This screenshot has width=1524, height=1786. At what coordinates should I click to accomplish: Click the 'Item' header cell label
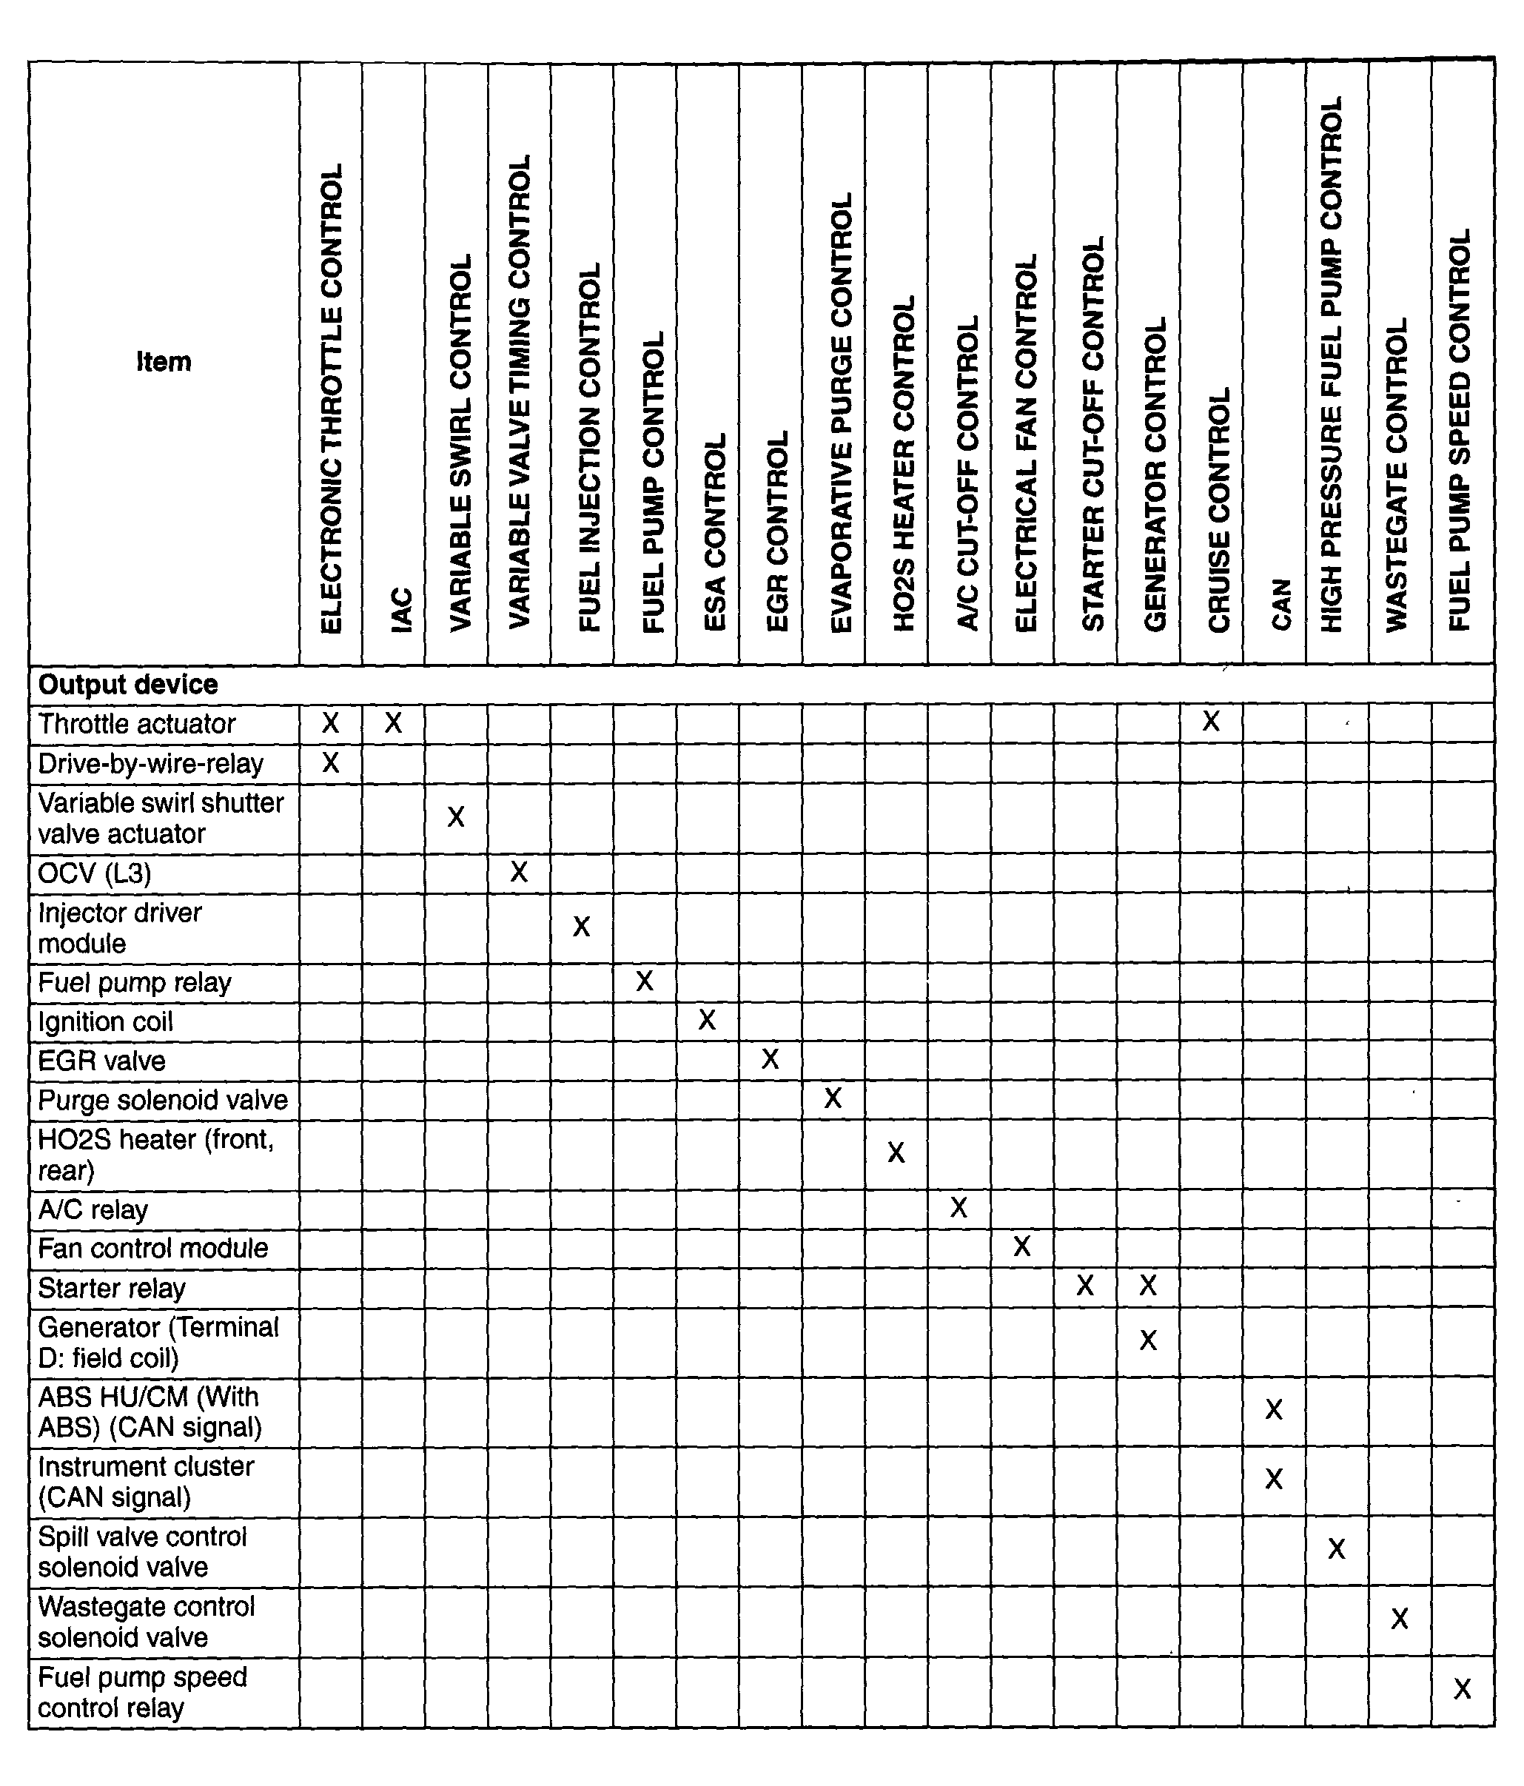pos(164,361)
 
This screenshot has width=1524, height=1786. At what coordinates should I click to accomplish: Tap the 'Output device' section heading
pos(127,685)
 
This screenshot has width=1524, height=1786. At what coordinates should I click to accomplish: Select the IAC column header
pos(402,609)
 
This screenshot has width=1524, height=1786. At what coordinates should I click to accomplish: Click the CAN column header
pos(1282,603)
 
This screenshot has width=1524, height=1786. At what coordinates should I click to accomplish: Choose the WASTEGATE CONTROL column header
pos(1397,474)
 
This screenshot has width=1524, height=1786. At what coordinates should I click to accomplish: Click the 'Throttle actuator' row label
pos(136,723)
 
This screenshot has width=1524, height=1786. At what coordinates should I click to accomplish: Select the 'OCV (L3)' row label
pos(95,873)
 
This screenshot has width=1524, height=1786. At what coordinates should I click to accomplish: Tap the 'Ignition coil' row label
pos(105,1021)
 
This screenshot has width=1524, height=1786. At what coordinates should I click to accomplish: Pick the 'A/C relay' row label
pos(93,1209)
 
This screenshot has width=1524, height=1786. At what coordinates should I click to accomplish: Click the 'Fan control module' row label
pos(152,1248)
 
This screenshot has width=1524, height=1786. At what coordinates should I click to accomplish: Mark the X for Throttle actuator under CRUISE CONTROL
pos(1211,722)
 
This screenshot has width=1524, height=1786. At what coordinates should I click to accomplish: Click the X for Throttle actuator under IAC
pos(393,722)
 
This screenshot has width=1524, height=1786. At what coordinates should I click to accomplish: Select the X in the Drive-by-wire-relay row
pos(330,762)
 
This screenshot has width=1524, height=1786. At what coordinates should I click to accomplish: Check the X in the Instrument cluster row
pos(1274,1479)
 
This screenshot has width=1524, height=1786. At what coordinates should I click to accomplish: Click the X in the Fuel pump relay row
pos(645,981)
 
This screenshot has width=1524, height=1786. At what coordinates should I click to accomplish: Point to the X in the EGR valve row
pos(771,1058)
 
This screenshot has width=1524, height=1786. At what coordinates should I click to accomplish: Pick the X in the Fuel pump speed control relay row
pos(1462,1688)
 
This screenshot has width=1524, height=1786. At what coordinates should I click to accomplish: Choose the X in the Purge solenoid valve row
pos(833,1098)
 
